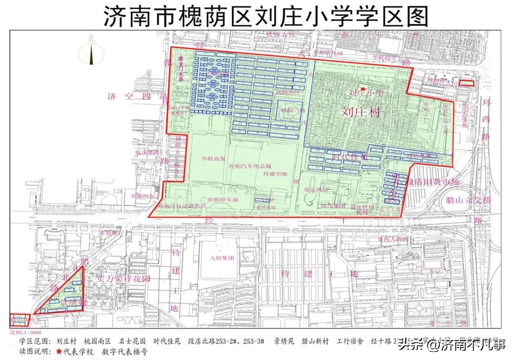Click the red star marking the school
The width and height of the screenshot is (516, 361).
[x=363, y=89]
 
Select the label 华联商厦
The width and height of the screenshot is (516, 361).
[x=213, y=159]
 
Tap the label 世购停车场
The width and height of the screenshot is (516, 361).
[x=223, y=200]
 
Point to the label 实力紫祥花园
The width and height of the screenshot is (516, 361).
[x=123, y=278]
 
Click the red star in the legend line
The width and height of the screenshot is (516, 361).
[x=59, y=351]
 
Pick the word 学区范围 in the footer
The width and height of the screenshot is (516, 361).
[x=33, y=342]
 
